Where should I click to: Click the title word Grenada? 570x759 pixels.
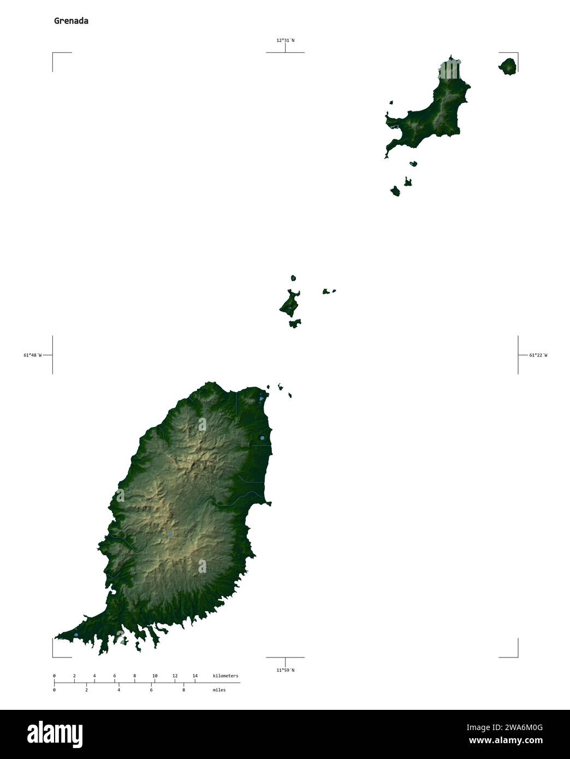click(71, 21)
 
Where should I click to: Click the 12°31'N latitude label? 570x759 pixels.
click(285, 40)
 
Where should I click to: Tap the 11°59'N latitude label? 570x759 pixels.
click(285, 670)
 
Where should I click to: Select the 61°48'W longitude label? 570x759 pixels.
click(32, 355)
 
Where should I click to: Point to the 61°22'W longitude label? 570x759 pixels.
click(538, 355)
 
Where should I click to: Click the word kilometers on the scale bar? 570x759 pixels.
click(225, 676)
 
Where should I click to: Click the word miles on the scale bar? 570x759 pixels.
click(219, 690)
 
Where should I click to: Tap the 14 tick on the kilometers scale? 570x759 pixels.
click(195, 676)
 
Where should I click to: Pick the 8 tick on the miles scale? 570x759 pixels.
click(183, 690)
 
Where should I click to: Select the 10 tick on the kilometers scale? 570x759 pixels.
click(155, 676)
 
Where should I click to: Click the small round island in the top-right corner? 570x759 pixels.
click(508, 67)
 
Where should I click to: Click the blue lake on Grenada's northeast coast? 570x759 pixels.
click(262, 437)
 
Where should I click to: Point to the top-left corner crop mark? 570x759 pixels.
click(53, 53)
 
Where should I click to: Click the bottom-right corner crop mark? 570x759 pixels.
click(518, 657)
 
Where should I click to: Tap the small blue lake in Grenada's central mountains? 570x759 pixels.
click(170, 533)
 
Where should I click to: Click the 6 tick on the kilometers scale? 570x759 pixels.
click(114, 676)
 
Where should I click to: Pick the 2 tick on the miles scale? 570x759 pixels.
click(86, 690)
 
